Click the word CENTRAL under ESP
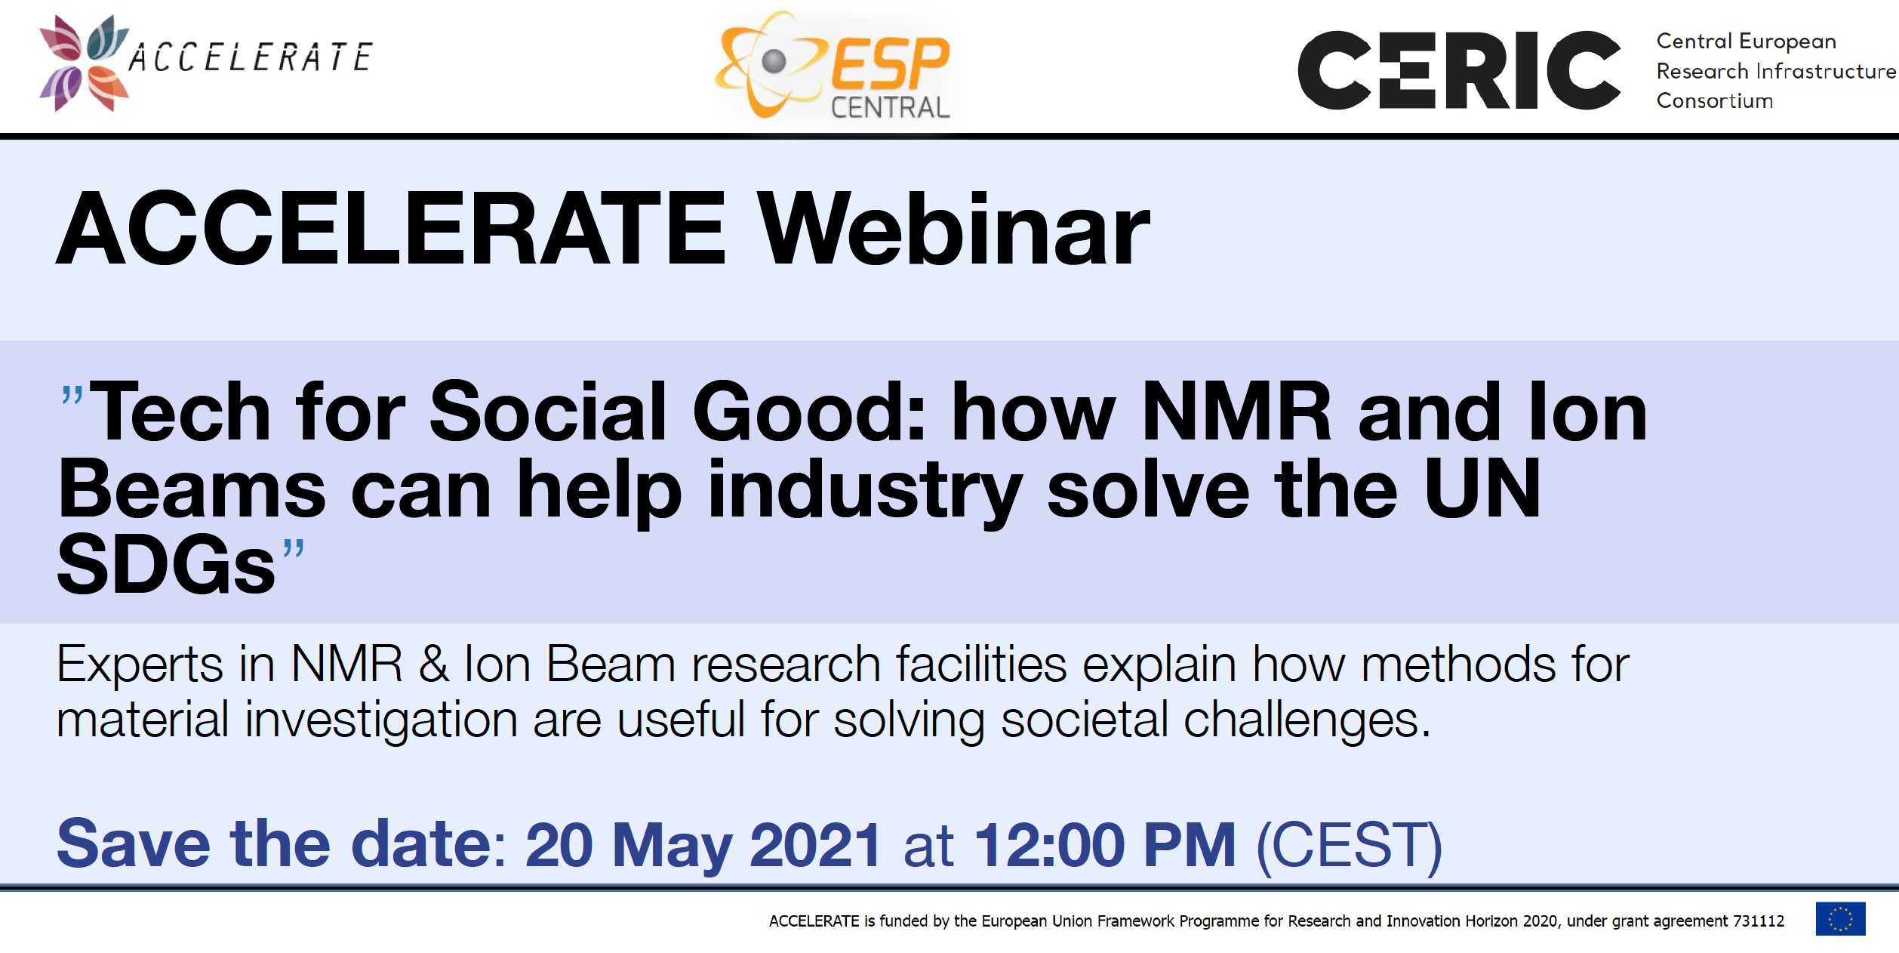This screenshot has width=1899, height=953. pos(890,107)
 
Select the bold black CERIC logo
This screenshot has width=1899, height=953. pos(1459,70)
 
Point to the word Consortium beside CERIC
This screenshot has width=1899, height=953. pos(1714,100)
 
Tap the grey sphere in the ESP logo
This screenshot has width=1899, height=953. pos(774,61)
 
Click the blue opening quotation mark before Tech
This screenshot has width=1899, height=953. pos(72,396)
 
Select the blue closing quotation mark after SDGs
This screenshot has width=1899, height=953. pos(294,548)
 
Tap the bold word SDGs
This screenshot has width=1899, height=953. pos(166,564)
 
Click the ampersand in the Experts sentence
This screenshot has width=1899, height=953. pos(434,664)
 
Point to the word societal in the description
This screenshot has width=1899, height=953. pos(1084,719)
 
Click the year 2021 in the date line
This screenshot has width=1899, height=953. pos(815,844)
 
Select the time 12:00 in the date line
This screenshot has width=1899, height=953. pos(1050,844)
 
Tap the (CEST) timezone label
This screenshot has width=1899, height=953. pos(1350,846)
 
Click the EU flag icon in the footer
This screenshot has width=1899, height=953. pos(1840,919)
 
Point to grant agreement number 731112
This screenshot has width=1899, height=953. pos(1759,921)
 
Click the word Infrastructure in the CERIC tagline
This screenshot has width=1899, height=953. pos(1827,71)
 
